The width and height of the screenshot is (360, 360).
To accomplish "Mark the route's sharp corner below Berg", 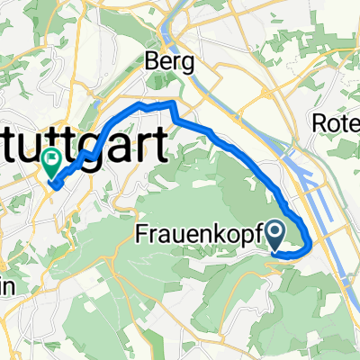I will [170, 105].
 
